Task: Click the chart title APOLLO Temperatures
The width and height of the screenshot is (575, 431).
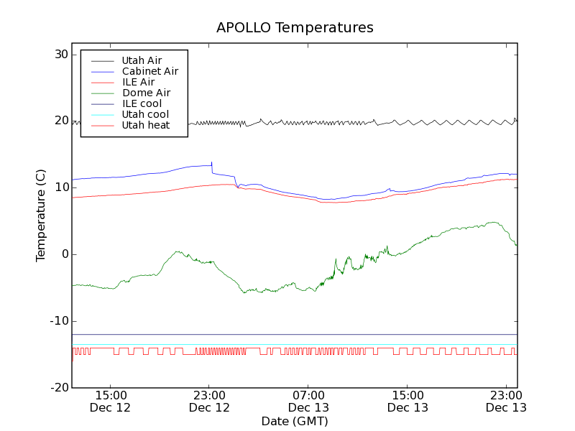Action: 295,28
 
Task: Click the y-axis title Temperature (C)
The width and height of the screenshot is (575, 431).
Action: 41,215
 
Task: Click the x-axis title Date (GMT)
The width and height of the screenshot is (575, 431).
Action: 295,420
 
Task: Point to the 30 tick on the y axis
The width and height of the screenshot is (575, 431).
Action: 60,55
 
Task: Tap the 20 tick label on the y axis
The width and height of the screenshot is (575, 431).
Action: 60,121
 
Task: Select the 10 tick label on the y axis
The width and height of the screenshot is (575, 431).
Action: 60,187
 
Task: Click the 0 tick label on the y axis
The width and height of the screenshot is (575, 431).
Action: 64,254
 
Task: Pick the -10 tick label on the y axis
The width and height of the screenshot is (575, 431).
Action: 58,321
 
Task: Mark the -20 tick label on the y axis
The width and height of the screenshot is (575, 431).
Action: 58,388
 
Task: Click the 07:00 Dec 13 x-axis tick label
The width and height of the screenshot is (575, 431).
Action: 308,401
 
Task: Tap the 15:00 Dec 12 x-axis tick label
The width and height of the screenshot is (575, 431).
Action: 110,401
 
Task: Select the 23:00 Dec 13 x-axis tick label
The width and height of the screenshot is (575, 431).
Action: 507,401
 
